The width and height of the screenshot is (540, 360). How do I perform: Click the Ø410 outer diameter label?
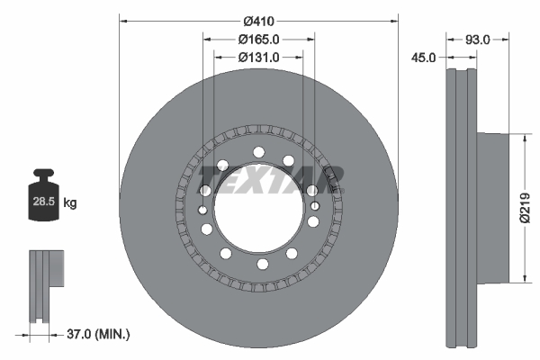pos(258,20)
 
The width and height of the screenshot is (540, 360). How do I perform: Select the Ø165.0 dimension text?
pos(258,39)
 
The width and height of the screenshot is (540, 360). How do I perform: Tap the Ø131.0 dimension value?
pos(258,56)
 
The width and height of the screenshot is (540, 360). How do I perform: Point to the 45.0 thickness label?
pos(423,56)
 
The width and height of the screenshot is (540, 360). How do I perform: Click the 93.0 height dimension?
pos(479,39)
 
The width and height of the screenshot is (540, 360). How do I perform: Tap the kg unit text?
pos(70,203)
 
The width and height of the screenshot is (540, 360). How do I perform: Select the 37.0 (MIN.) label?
pos(99,335)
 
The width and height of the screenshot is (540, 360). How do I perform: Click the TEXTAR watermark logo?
pos(270,181)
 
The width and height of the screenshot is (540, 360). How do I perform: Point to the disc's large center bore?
pos(258,208)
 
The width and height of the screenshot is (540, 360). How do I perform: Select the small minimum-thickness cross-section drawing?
pos(47,283)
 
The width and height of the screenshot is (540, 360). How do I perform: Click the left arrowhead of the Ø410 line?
pos(122,20)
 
